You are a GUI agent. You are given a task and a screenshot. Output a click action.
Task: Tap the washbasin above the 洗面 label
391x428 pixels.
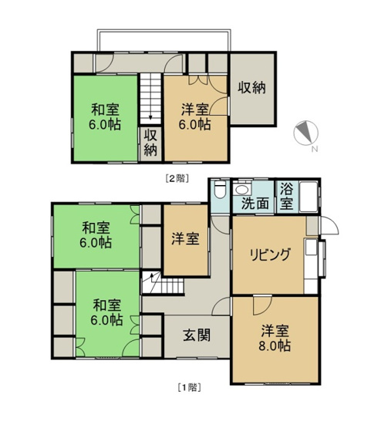[243, 190]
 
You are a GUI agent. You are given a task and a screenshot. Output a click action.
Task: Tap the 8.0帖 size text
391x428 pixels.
[275, 347]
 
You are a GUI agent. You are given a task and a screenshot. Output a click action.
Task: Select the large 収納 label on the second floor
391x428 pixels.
[251, 88]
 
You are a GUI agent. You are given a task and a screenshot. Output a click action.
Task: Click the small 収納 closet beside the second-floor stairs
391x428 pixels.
[150, 143]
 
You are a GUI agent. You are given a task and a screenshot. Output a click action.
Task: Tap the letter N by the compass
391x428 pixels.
[315, 149]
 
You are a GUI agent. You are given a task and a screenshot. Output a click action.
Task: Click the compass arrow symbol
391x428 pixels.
[306, 133]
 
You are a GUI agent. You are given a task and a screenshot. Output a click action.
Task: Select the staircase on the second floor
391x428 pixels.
[149, 96]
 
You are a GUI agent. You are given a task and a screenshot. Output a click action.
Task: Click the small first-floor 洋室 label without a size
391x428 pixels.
[185, 240]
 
